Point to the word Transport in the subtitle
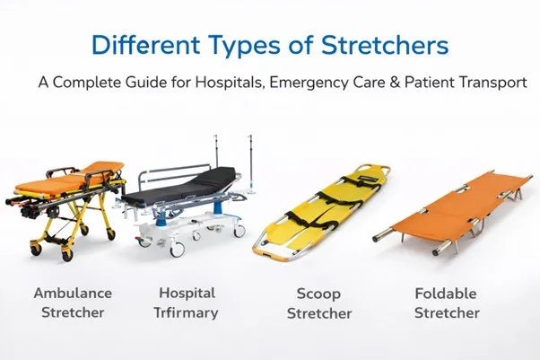[492, 82]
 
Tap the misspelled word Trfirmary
[187, 313]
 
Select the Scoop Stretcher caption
[323, 303]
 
